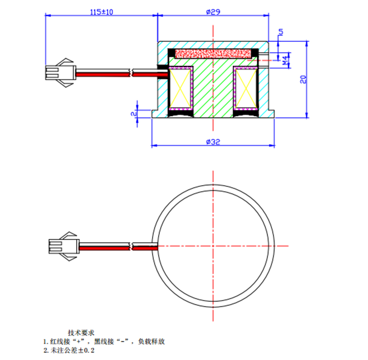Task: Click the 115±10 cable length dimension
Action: click(x=102, y=12)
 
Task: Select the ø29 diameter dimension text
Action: click(x=213, y=12)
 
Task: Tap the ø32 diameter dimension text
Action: click(x=213, y=142)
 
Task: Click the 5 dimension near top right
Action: click(x=281, y=32)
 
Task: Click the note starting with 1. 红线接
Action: click(x=107, y=342)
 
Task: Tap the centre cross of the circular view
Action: click(x=213, y=246)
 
